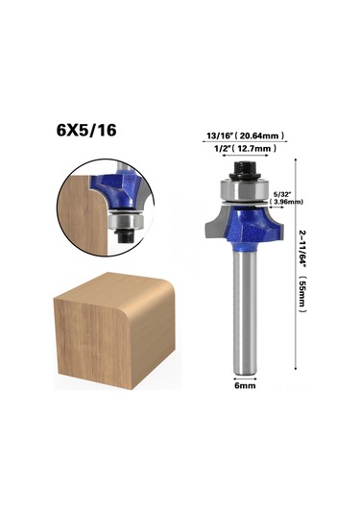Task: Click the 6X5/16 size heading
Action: [x=86, y=131]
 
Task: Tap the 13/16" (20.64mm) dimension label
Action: [x=246, y=135]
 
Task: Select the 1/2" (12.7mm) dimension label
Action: [x=246, y=149]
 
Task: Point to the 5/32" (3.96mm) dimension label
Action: [x=286, y=199]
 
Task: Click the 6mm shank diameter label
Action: [x=245, y=385]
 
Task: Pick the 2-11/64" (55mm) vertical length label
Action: [x=302, y=270]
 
